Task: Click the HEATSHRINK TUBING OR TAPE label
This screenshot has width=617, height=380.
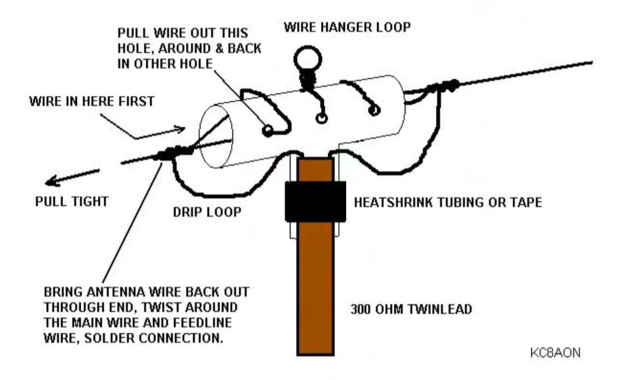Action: coord(448,202)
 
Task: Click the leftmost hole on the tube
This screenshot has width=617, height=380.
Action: coord(267,131)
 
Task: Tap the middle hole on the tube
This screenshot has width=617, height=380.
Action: coord(322,118)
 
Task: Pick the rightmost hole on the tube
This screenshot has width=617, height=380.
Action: coord(373,110)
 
